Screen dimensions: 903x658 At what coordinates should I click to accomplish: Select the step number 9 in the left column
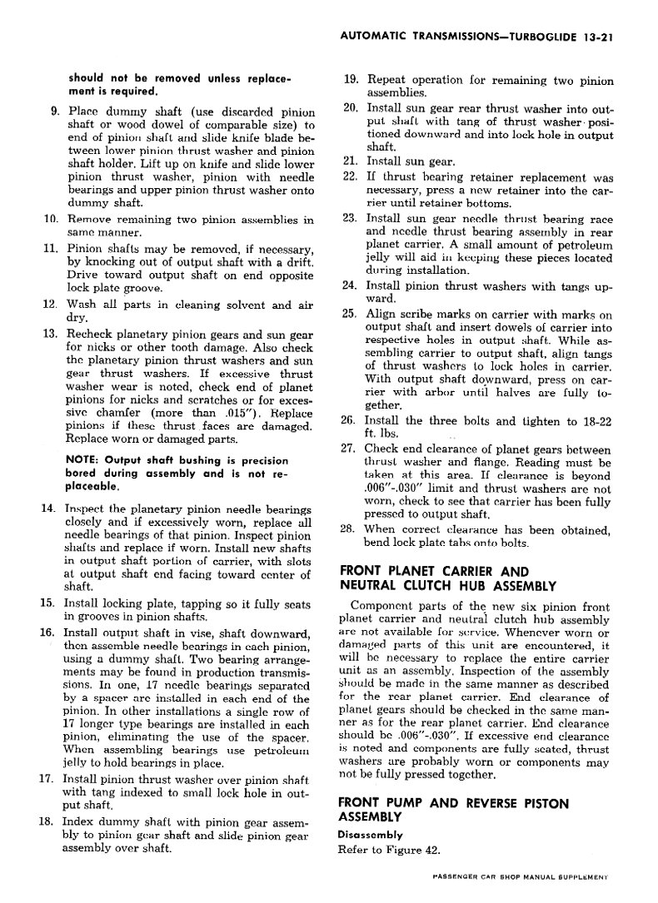[x=54, y=112]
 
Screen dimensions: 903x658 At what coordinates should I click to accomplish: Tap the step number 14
[x=48, y=509]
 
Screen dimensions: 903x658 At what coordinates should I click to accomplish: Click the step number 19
[x=350, y=81]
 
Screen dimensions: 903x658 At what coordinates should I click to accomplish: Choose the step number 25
[x=350, y=315]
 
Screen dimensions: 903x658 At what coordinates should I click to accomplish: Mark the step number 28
[x=350, y=529]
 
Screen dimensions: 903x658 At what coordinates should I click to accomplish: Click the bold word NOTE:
[x=86, y=460]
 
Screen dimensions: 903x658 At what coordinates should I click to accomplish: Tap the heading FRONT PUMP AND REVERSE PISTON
[x=453, y=803]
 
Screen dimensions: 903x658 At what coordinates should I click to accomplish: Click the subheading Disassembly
[x=370, y=834]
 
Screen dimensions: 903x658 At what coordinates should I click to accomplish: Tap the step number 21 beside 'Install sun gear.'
[x=350, y=161]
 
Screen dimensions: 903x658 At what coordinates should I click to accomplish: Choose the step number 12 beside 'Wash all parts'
[x=48, y=305]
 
